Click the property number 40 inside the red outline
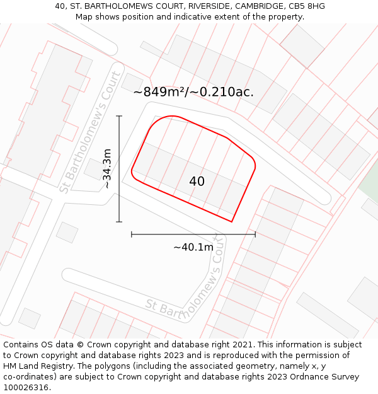pos(197,182)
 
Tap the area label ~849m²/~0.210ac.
pos(193,92)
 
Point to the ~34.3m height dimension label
pos(107,169)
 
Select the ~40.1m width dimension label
pos(193,247)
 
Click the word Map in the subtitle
pos(84,17)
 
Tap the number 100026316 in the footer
pos(26,388)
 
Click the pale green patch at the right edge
pos(369,186)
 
